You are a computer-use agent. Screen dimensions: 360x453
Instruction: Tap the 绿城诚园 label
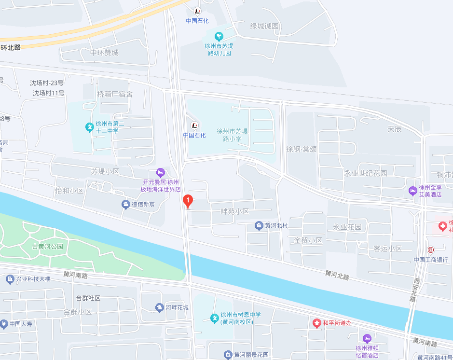coord(265,26)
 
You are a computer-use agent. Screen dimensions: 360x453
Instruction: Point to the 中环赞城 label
coord(104,53)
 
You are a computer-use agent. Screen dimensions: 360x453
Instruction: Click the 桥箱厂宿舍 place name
coord(115,94)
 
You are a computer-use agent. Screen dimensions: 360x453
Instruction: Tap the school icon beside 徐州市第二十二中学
coord(89,127)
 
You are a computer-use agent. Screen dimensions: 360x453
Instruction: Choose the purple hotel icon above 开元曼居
coord(161,172)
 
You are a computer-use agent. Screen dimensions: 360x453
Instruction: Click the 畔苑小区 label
coord(234,211)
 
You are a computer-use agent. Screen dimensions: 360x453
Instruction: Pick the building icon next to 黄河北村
coord(259,225)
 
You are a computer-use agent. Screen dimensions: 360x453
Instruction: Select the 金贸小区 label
coord(308,240)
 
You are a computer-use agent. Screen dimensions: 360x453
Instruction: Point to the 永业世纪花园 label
coord(365,173)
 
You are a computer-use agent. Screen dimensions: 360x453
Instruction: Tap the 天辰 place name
coord(395,129)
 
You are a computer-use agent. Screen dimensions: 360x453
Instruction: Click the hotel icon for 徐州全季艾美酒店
coord(413,191)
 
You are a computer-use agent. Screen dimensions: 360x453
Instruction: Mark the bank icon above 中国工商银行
coord(430,249)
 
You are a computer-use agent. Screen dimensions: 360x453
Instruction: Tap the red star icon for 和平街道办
coord(316,323)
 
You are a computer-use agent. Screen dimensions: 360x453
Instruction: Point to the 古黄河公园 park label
coord(48,247)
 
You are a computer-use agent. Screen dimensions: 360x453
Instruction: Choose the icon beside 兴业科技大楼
coord(10,279)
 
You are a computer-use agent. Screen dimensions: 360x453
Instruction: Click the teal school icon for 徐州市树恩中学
coord(215,318)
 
